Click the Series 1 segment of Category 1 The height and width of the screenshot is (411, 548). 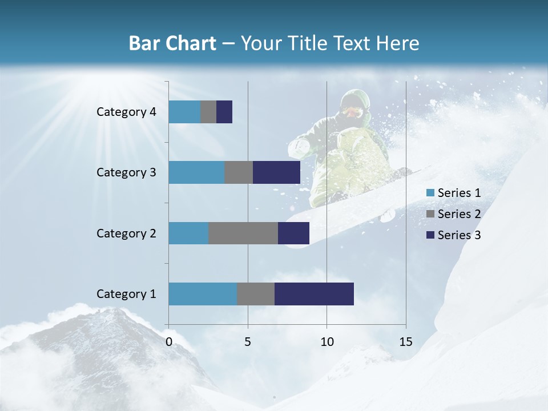[203, 294]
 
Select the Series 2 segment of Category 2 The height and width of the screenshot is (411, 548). [243, 233]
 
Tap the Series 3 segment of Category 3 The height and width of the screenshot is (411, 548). [276, 172]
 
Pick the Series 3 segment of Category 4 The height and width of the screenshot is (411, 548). [224, 112]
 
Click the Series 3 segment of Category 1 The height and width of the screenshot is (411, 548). [314, 294]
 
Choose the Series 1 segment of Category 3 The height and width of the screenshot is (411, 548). [196, 172]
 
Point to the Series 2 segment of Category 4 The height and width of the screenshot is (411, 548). [208, 112]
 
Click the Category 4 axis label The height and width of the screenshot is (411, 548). [126, 112]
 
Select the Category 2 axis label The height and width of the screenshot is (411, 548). [126, 233]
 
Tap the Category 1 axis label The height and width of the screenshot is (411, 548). [126, 294]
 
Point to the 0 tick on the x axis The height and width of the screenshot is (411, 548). [169, 342]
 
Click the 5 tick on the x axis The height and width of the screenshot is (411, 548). [248, 342]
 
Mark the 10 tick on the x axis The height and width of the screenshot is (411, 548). [327, 342]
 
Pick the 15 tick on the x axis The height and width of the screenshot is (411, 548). [406, 342]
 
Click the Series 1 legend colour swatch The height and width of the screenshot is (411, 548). [430, 193]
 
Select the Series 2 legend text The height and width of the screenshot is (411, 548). [459, 214]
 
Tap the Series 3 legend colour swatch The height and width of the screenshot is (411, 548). [430, 235]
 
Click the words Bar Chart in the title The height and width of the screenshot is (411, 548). [172, 43]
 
